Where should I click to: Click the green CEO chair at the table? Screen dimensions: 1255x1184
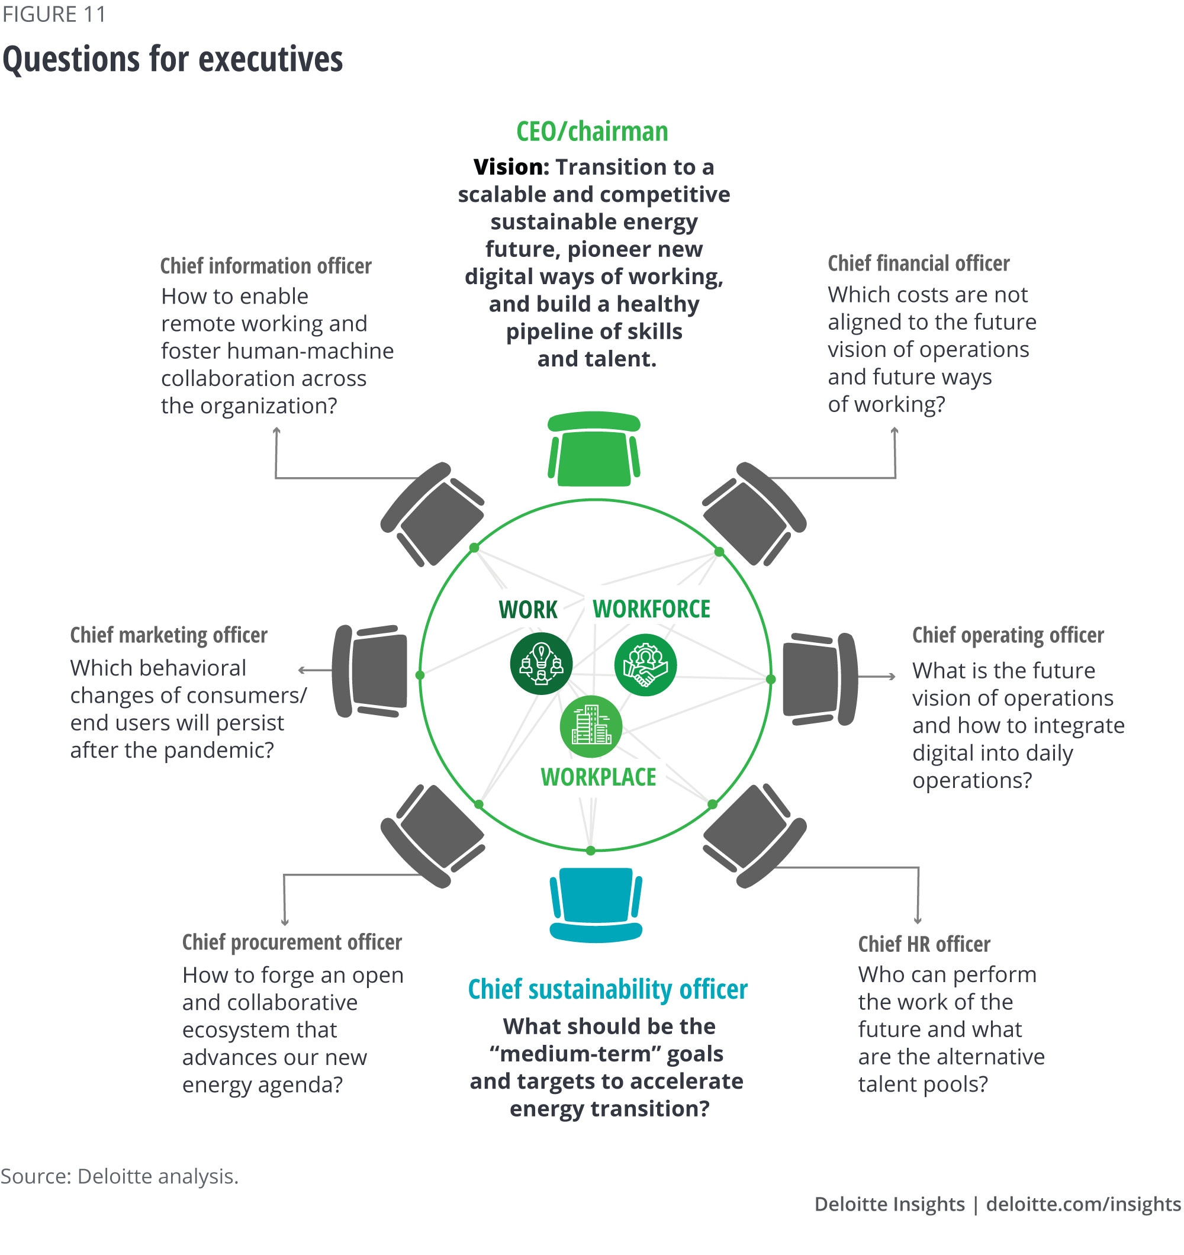594,449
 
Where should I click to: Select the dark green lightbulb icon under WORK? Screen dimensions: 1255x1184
541,664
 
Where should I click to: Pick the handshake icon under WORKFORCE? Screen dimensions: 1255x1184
645,665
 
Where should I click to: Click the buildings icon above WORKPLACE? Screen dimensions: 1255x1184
591,726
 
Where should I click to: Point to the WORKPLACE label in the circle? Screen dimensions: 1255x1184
598,777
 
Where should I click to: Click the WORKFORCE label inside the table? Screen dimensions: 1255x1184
651,609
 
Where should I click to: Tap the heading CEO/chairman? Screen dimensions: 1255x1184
591,131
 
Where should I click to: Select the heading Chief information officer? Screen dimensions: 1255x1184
265,266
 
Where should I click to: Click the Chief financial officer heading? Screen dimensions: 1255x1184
918,263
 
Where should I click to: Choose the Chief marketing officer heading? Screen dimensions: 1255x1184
169,635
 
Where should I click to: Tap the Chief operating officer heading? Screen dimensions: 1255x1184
1008,635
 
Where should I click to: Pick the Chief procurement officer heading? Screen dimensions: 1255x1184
292,942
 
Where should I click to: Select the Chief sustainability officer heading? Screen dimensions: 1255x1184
607,989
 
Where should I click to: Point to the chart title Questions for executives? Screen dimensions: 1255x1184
172,59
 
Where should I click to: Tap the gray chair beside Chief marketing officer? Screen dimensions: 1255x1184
370,671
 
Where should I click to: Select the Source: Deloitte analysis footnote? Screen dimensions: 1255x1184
120,1176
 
